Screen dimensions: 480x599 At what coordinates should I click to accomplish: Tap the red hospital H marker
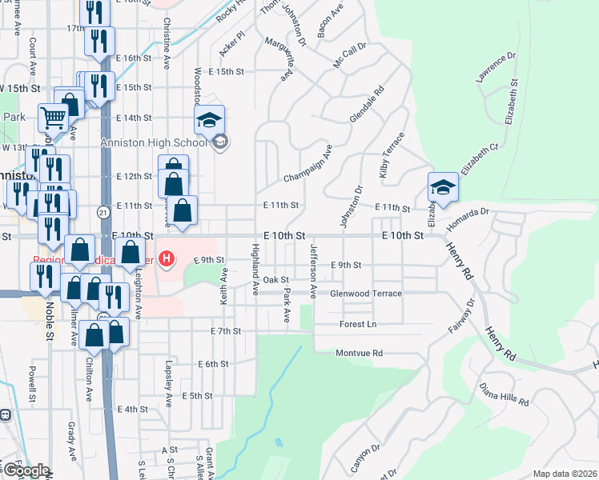[x=167, y=258]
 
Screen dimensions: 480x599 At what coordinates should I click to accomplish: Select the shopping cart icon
[x=53, y=118]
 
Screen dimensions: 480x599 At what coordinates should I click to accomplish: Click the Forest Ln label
[x=357, y=324]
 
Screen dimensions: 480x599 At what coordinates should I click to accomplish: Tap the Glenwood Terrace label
[x=366, y=294]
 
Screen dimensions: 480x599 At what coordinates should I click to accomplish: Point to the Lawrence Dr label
[x=496, y=68]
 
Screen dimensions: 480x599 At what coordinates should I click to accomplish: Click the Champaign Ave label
[x=308, y=165]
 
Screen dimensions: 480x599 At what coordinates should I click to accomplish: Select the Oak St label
[x=275, y=279]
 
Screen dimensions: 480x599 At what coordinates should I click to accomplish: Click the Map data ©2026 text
[x=564, y=474]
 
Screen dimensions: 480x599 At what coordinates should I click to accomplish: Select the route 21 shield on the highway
[x=103, y=211]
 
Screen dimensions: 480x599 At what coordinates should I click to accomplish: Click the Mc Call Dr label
[x=349, y=55]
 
